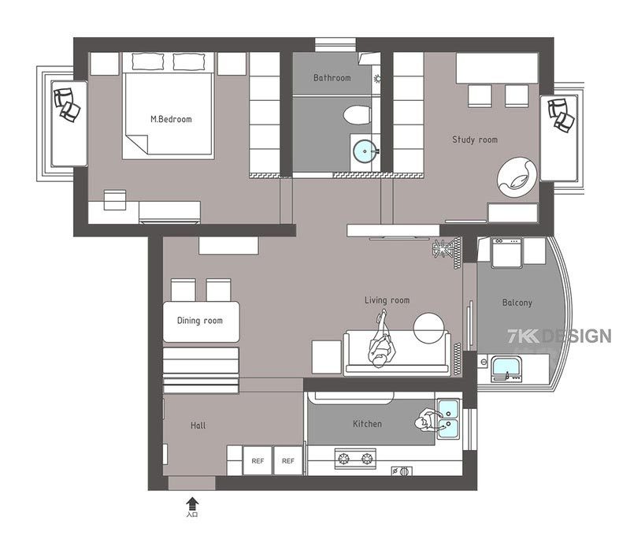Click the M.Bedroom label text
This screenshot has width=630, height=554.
171,120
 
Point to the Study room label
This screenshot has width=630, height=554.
474,140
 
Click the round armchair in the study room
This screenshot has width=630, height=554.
517,175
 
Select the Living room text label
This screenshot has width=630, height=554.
387,300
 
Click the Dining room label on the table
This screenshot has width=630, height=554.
199,321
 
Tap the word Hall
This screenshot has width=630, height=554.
198,426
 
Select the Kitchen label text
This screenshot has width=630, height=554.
367,424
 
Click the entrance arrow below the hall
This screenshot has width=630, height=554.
192,502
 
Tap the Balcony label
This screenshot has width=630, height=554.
517,303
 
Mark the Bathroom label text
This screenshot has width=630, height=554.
332,78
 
